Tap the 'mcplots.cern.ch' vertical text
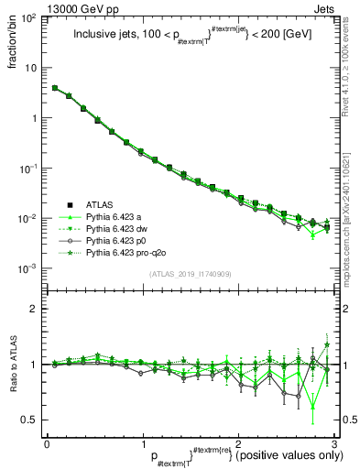(351, 229)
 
